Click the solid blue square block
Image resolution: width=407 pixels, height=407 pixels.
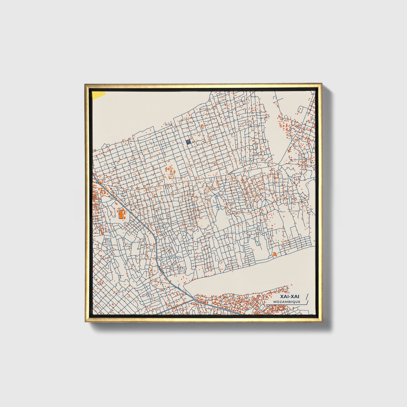[x=188, y=142]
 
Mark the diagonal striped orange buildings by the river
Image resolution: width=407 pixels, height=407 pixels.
[x=275, y=254]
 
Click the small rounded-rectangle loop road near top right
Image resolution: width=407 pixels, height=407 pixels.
[x=300, y=110]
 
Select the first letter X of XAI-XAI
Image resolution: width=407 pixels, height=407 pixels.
[x=282, y=297]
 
